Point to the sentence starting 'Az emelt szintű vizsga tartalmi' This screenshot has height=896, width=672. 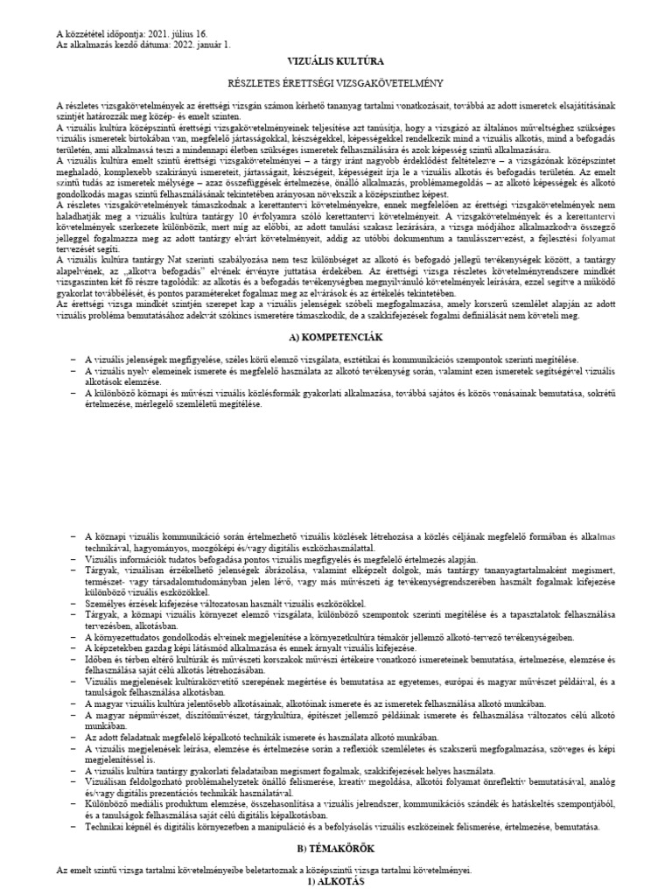tap(262, 870)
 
